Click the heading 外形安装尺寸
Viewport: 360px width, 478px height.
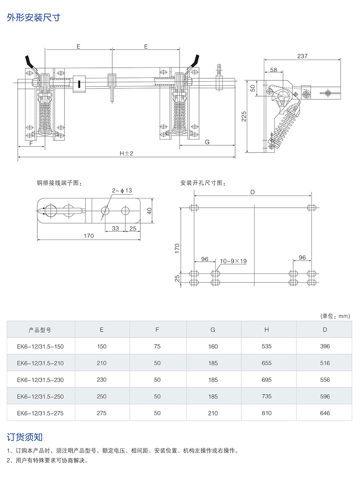click(34, 18)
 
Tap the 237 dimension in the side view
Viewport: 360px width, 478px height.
click(302, 56)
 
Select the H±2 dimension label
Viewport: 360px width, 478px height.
click(126, 153)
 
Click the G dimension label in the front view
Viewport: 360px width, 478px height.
click(207, 142)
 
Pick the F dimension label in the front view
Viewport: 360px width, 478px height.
click(31, 143)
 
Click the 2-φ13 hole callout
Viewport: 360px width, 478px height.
click(123, 190)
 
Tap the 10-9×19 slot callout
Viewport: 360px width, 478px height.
click(233, 261)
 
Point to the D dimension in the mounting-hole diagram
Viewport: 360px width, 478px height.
click(252, 192)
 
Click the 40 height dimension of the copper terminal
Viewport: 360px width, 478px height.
click(149, 211)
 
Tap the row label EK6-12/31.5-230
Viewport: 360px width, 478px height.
click(40, 380)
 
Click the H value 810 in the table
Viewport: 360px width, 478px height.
click(267, 413)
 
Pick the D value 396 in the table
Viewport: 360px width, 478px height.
click(325, 347)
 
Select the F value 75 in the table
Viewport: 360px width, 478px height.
click(157, 347)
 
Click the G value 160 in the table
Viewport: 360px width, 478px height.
click(213, 347)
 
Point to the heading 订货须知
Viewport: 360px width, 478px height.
click(25, 437)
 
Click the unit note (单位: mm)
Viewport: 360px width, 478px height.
click(335, 316)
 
